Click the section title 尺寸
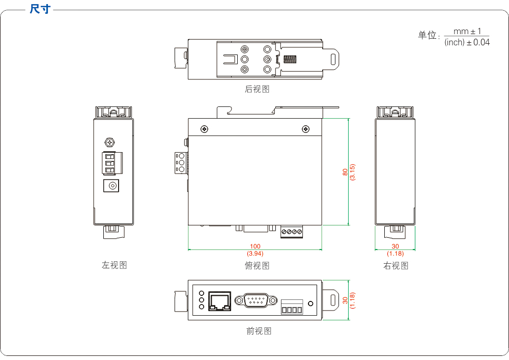pyautogui.click(x=40, y=9)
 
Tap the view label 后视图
pyautogui.click(x=257, y=89)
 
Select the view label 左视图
pyautogui.click(x=114, y=265)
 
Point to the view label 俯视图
pyautogui.click(x=257, y=265)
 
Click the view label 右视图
pyautogui.click(x=396, y=265)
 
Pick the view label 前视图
pyautogui.click(x=259, y=331)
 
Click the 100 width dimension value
pyautogui.click(x=255, y=246)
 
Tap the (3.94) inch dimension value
pyautogui.click(x=255, y=253)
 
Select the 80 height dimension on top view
pyautogui.click(x=345, y=172)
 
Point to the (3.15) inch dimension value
pyautogui.click(x=352, y=172)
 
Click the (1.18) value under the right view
pyautogui.click(x=395, y=253)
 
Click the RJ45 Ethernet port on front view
pyautogui.click(x=219, y=300)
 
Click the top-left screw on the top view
pyautogui.click(x=204, y=129)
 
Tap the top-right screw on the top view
pyautogui.click(x=305, y=129)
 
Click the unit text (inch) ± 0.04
pyautogui.click(x=467, y=43)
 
